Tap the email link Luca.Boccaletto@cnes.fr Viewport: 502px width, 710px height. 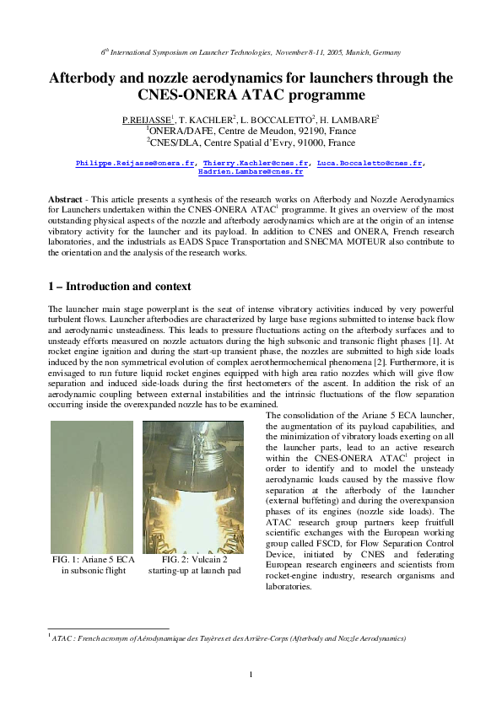click(x=369, y=162)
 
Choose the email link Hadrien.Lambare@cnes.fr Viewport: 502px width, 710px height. click(x=251, y=171)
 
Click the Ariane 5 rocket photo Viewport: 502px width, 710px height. click(x=91, y=487)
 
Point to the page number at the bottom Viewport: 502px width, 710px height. click(x=251, y=672)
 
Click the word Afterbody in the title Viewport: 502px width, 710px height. click(x=90, y=78)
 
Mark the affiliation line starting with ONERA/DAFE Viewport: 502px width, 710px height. click(x=251, y=132)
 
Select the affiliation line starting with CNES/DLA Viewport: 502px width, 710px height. click(x=251, y=143)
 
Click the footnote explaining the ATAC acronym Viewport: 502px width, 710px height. click(x=228, y=639)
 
